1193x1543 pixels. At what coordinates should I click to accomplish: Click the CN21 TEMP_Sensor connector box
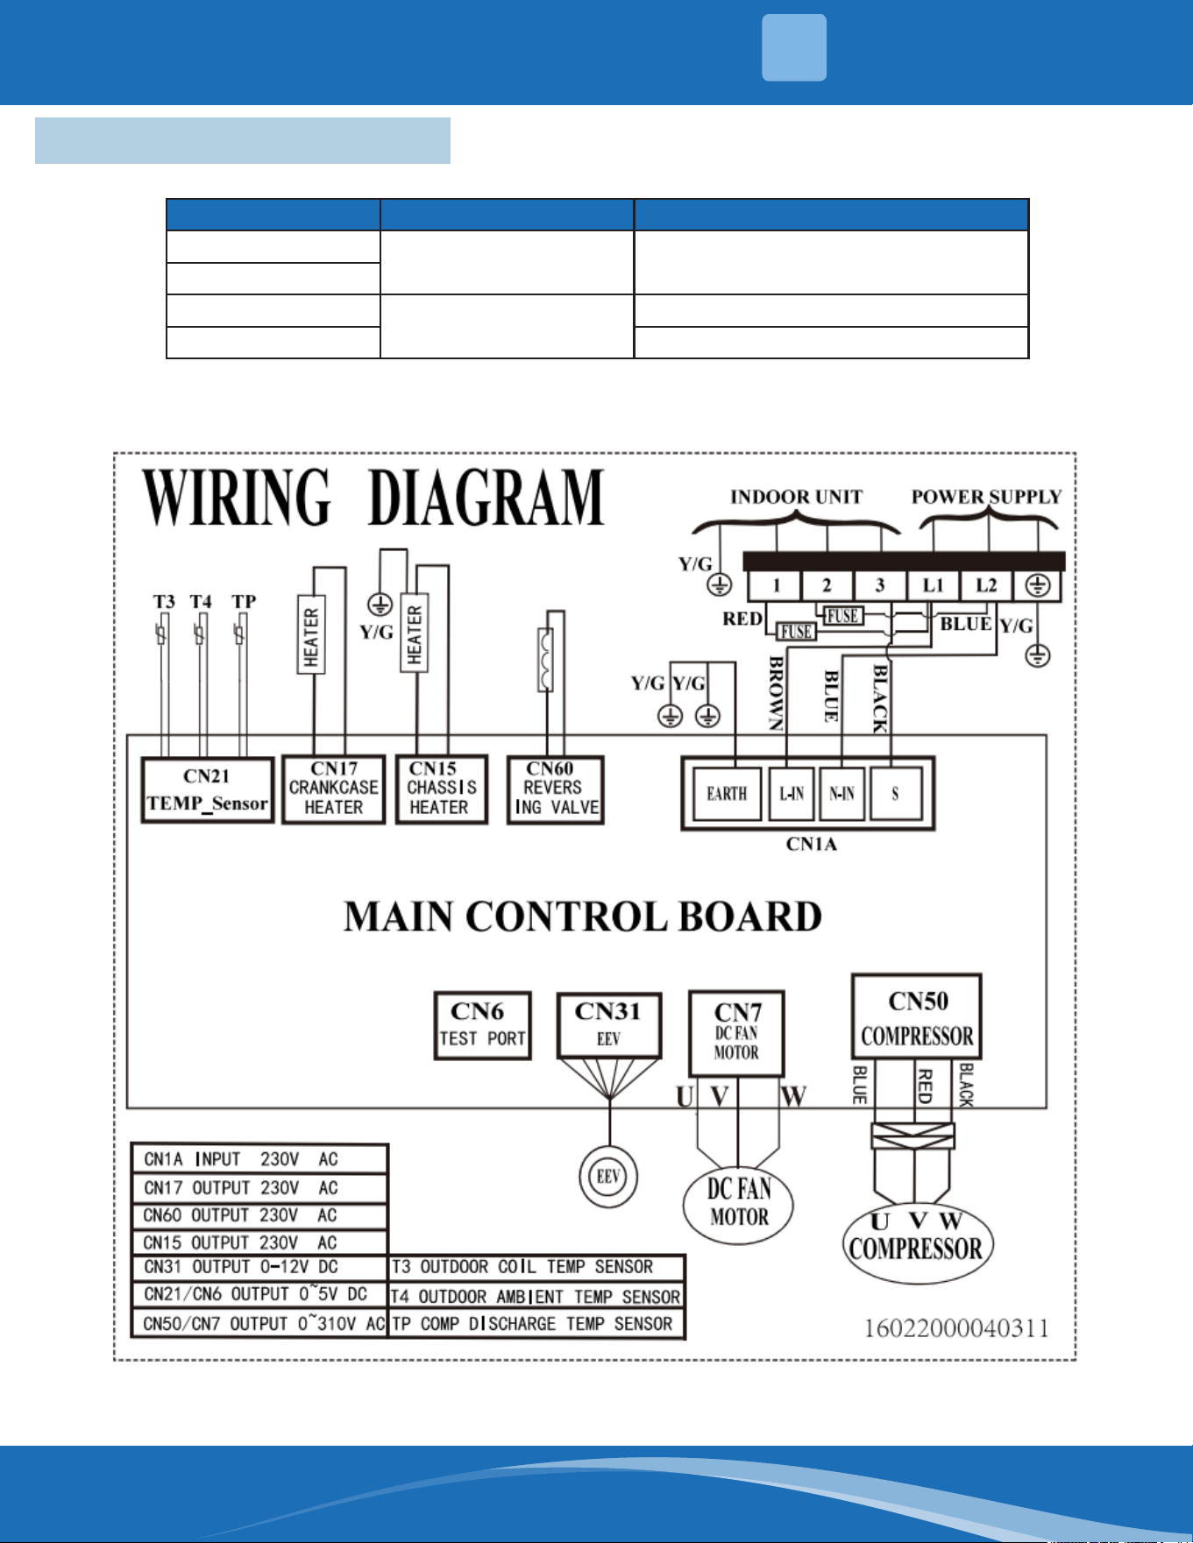pyautogui.click(x=208, y=789)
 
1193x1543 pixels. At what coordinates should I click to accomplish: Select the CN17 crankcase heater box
pyautogui.click(x=334, y=789)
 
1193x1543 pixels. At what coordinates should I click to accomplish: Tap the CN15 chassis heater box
pyautogui.click(x=442, y=789)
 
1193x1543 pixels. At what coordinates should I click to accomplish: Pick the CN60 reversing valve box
pyautogui.click(x=556, y=790)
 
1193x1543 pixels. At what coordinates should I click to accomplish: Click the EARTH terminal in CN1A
pyautogui.click(x=727, y=794)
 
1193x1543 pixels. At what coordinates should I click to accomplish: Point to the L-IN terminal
pyautogui.click(x=792, y=794)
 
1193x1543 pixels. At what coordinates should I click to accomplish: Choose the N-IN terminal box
pyautogui.click(x=841, y=794)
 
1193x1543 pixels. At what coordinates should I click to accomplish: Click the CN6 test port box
pyautogui.click(x=483, y=1026)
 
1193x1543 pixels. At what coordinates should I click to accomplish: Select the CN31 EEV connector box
pyautogui.click(x=609, y=1025)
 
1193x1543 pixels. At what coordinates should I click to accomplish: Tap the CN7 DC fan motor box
pyautogui.click(x=736, y=1034)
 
